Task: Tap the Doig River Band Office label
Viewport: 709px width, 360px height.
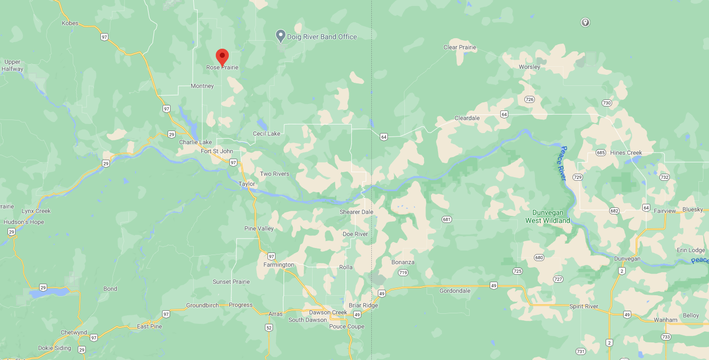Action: coord(322,37)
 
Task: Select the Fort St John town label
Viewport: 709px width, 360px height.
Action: coord(217,151)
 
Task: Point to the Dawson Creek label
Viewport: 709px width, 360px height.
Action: coord(328,312)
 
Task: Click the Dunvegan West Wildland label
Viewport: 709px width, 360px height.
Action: coord(547,216)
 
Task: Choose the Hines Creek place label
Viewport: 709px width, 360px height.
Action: coord(626,153)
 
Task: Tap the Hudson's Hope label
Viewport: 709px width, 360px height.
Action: coord(24,222)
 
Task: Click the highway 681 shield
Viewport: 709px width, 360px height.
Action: coord(447,219)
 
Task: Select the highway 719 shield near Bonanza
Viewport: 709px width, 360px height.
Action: coord(402,273)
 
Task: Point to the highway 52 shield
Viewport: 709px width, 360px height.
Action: coord(269,328)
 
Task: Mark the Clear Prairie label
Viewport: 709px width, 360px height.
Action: coord(460,48)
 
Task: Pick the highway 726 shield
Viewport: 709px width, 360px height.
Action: coord(529,99)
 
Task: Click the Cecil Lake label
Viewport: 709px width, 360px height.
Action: coord(266,134)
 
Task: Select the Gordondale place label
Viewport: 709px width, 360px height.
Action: coord(455,291)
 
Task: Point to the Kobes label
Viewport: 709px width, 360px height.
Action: coord(70,23)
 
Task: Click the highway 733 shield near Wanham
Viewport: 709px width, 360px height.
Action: coord(666,337)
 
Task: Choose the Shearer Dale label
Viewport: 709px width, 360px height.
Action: coord(356,212)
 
